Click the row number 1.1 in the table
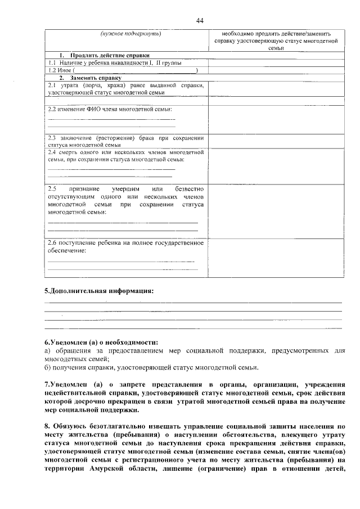(52, 63)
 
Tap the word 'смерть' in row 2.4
(69, 152)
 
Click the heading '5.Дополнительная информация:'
(99, 291)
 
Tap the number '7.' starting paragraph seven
(47, 385)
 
